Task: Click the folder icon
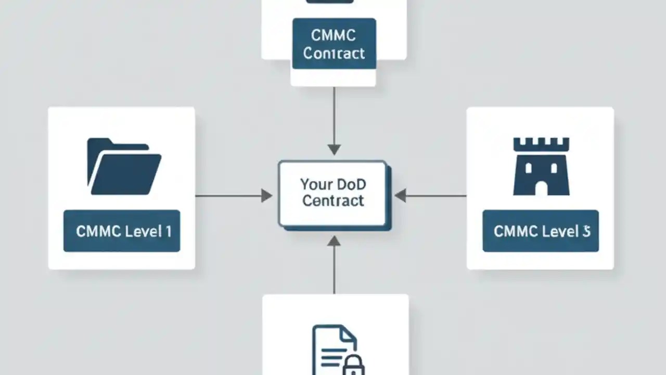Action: click(x=124, y=167)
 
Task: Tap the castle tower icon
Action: click(x=541, y=167)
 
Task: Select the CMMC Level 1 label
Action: click(x=122, y=231)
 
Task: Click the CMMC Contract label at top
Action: click(x=334, y=44)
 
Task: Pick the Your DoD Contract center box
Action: click(x=333, y=194)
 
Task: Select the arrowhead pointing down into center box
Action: click(x=334, y=149)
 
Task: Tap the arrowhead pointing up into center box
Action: click(x=334, y=241)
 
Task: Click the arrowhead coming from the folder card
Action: click(x=266, y=196)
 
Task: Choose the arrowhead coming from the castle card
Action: click(x=400, y=196)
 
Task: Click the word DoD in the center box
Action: click(x=351, y=184)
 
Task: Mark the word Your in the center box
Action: click(x=316, y=184)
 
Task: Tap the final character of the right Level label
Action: click(x=586, y=231)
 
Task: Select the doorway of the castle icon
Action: click(x=541, y=188)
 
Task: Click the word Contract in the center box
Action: click(x=333, y=201)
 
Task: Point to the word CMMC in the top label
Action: click(x=334, y=35)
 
